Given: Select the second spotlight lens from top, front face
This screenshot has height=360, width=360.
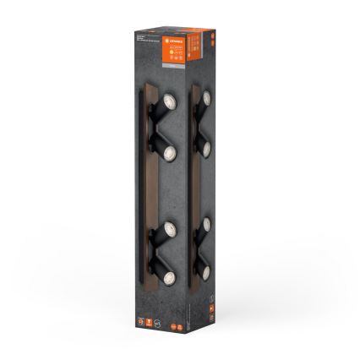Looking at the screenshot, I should click(x=167, y=152).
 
